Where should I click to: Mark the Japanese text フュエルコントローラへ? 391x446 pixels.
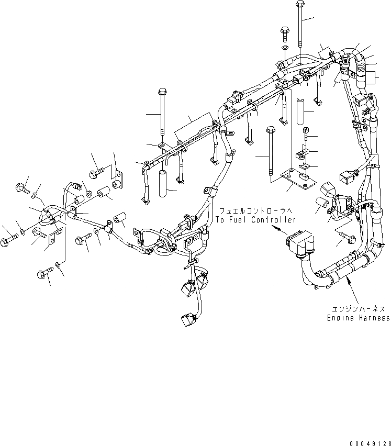pyautogui.click(x=255, y=210)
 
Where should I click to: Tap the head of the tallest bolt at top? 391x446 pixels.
pyautogui.click(x=299, y=5)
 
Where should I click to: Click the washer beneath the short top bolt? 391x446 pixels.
pyautogui.click(x=285, y=48)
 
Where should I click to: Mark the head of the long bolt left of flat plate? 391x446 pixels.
pyautogui.click(x=271, y=130)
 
